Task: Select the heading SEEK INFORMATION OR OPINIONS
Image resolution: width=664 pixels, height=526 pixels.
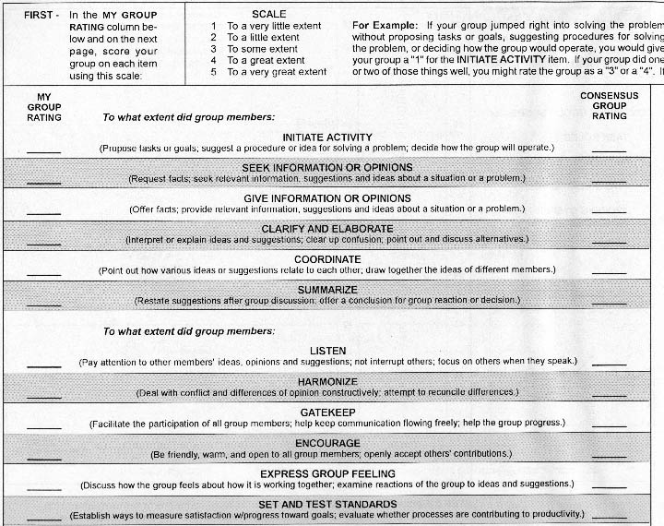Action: tap(327, 167)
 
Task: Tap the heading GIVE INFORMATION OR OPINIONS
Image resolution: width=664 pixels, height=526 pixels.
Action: tap(327, 197)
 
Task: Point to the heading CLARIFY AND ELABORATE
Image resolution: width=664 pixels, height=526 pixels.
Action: tap(327, 228)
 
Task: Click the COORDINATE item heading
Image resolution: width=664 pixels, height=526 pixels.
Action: tap(327, 259)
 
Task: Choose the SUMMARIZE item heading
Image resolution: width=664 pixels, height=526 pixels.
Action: tap(327, 289)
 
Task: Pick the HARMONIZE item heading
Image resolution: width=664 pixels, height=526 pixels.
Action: tap(327, 381)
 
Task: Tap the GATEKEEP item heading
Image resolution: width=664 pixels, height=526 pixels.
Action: tap(327, 412)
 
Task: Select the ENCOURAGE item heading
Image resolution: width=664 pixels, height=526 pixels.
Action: tap(327, 443)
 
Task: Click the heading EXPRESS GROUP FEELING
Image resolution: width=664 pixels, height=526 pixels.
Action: tap(327, 473)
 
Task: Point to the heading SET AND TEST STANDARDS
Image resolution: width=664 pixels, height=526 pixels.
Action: tap(327, 504)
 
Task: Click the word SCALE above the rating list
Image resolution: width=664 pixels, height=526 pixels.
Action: tap(268, 15)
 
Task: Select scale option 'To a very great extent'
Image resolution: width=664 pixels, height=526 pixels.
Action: tap(276, 72)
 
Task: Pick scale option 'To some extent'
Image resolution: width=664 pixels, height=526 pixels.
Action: tap(263, 49)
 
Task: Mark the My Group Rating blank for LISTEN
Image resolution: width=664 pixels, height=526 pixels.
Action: tap(43, 365)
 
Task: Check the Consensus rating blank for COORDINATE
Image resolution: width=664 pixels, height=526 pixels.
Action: tap(608, 274)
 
